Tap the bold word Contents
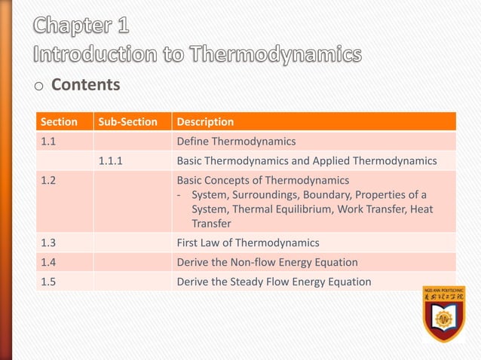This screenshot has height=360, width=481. click(85, 84)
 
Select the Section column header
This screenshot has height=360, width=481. click(59, 121)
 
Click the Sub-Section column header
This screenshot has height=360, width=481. click(128, 121)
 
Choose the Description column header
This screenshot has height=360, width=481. click(205, 121)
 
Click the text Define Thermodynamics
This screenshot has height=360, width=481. click(236, 141)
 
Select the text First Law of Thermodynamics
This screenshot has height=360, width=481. click(247, 243)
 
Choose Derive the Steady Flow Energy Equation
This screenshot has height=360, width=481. click(274, 282)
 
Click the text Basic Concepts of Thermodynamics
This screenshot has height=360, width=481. click(262, 180)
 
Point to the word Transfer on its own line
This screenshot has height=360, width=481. click(212, 223)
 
